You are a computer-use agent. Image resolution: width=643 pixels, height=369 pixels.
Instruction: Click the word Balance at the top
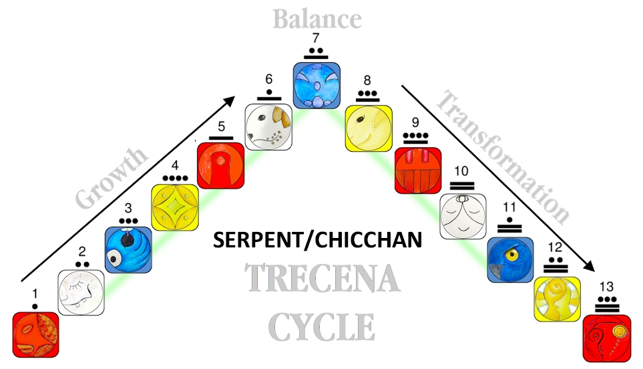316,18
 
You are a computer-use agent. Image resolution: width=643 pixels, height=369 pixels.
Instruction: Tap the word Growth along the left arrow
111,178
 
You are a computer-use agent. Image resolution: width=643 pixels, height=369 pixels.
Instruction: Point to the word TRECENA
323,279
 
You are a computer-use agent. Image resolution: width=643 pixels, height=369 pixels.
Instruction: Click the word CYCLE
322,327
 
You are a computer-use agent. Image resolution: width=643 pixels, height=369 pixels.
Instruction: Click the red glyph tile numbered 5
220,164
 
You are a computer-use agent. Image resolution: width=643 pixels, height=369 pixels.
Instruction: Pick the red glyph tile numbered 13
606,336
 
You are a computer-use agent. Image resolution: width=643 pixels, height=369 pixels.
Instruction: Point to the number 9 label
415,123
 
